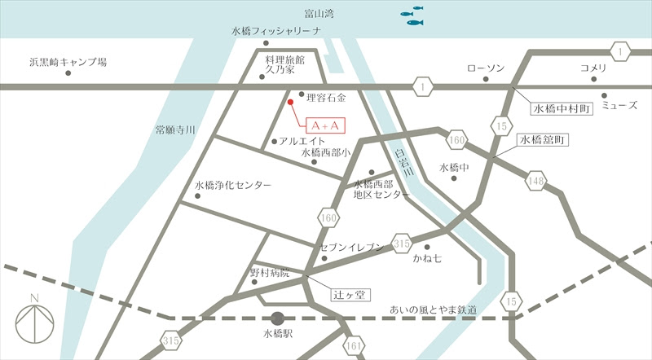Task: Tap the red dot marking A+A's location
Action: tap(290, 103)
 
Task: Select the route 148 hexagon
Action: tap(535, 180)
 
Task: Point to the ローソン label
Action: tap(486, 68)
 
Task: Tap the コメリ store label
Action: tap(593, 68)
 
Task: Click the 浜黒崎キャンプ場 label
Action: tap(68, 61)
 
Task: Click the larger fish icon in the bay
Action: tap(416, 22)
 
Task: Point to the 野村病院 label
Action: tap(270, 272)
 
